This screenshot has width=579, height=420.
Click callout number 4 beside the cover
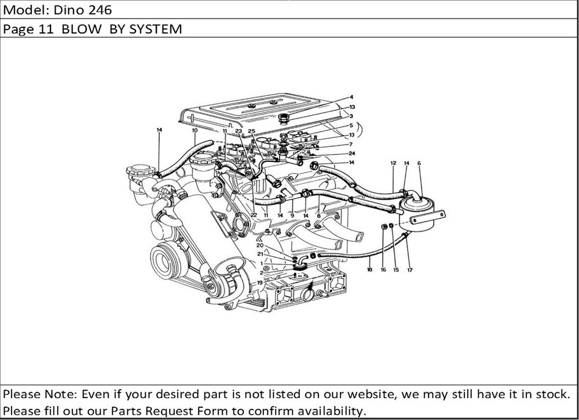pos(351,97)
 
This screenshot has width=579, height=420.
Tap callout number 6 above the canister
pos(419,163)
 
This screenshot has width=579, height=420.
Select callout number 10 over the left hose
pos(195,130)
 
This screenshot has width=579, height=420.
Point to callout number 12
pos(393,163)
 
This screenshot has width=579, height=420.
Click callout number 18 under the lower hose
pos(369,270)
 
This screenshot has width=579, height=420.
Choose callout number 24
pos(351,153)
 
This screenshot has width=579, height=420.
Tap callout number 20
pos(260,245)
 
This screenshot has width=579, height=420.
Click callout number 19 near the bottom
pos(260,282)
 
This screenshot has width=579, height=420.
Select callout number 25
pos(251,131)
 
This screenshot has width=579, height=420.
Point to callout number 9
pos(293,215)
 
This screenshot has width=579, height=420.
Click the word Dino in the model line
pos(59,10)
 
